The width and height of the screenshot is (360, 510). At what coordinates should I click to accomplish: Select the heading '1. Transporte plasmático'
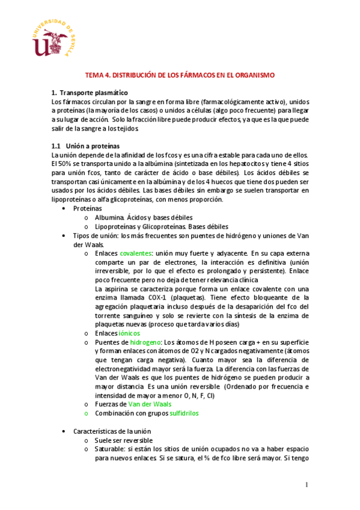click(x=90, y=93)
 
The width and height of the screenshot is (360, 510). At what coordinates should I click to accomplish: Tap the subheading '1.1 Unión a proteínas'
click(x=85, y=146)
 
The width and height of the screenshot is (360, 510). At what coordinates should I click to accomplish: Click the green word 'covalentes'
click(x=136, y=254)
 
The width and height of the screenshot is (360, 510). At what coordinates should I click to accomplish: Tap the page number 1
click(x=306, y=485)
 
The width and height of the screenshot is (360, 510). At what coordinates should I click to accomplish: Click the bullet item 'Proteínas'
click(x=88, y=207)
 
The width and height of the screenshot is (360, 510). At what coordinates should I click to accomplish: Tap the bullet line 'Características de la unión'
click(x=112, y=431)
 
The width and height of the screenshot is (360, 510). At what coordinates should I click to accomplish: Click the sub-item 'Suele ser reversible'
click(x=125, y=440)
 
